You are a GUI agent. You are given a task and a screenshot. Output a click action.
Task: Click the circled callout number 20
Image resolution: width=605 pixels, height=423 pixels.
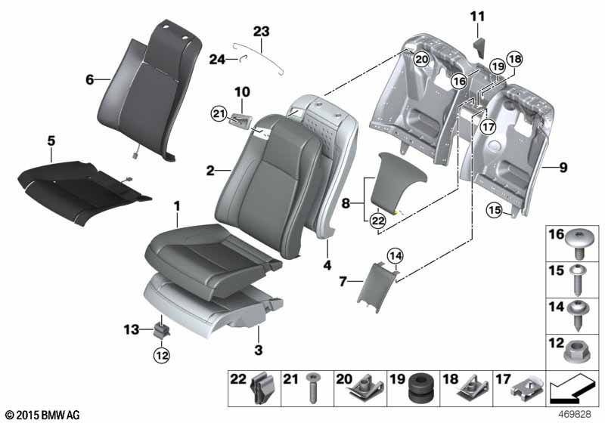coord(421,60)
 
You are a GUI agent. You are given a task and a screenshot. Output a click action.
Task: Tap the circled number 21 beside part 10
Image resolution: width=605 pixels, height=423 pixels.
coord(219,113)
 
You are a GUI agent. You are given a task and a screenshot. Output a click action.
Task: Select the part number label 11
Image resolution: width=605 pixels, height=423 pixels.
coord(477,17)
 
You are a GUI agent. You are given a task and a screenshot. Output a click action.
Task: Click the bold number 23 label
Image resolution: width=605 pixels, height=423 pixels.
coord(261,32)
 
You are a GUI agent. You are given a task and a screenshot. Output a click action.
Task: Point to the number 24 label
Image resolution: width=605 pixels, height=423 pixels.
coord(217,60)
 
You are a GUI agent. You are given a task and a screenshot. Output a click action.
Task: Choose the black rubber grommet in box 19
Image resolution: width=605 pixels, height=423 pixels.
coord(420,388)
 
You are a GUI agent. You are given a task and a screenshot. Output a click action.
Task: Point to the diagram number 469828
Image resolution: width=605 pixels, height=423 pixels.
coord(575,415)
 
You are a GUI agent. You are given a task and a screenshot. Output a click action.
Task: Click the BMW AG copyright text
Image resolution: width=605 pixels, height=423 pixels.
coord(43,415)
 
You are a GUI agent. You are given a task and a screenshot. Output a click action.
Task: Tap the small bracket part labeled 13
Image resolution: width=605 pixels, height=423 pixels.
coord(162,331)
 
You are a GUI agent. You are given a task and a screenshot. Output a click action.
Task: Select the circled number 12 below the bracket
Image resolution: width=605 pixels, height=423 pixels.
coord(162,355)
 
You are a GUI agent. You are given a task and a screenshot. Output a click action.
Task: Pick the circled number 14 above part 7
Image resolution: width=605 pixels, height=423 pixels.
coord(395,256)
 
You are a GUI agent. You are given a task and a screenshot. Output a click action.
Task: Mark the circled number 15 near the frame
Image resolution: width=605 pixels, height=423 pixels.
coord(495,210)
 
